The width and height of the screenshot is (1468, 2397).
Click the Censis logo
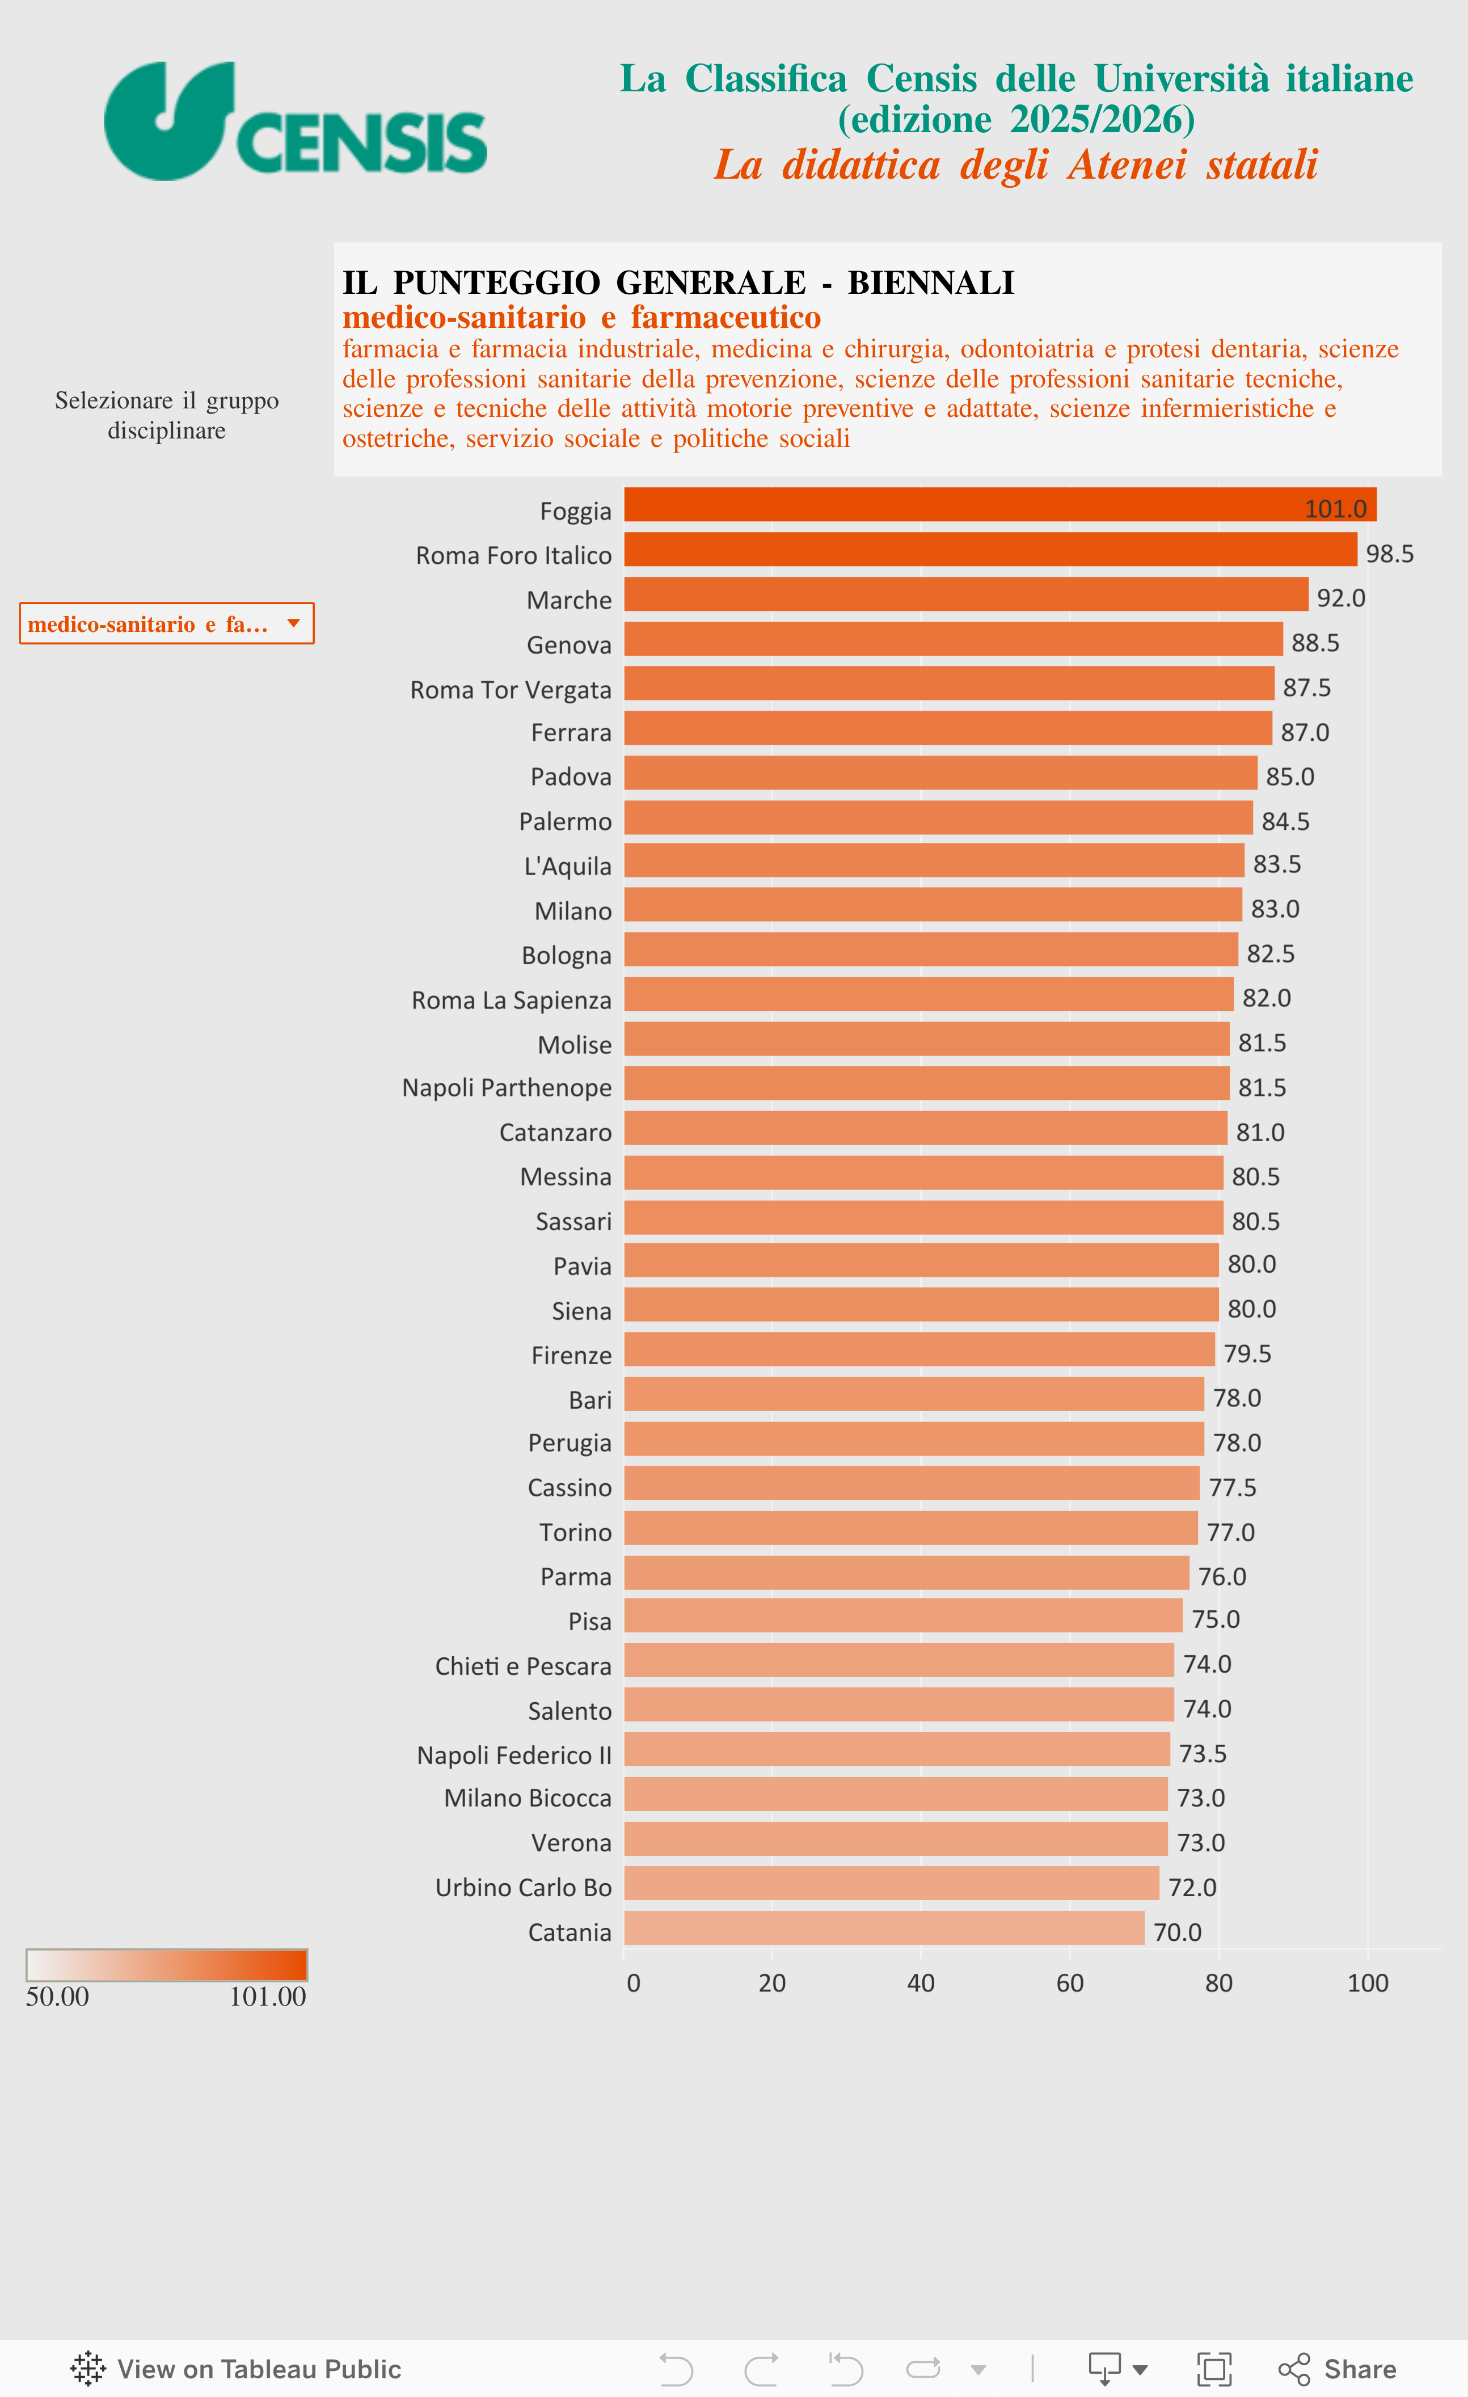click(295, 121)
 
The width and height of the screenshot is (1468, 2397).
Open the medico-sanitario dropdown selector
click(166, 623)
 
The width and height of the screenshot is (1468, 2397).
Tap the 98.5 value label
click(1389, 554)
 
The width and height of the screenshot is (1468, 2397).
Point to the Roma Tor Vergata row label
click(511, 690)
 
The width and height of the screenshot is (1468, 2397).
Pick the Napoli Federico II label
click(514, 1755)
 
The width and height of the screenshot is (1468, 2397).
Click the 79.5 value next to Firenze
click(1247, 1353)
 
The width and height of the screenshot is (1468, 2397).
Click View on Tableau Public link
click(237, 2369)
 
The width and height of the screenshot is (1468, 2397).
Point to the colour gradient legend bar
click(166, 1965)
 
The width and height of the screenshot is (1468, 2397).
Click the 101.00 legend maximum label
click(268, 1997)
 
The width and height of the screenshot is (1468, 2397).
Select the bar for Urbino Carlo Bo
click(891, 1883)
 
